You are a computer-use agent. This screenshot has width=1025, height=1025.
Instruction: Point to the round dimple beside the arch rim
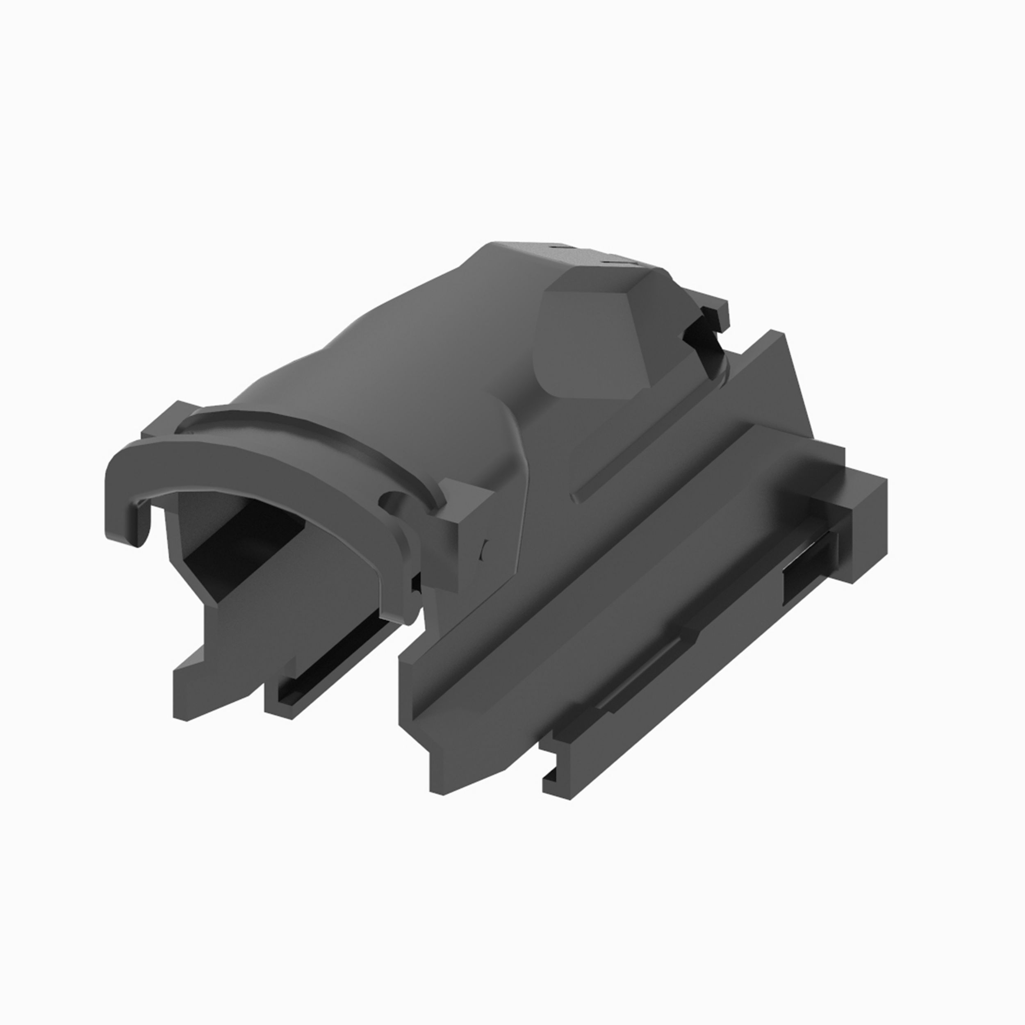(393, 499)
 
